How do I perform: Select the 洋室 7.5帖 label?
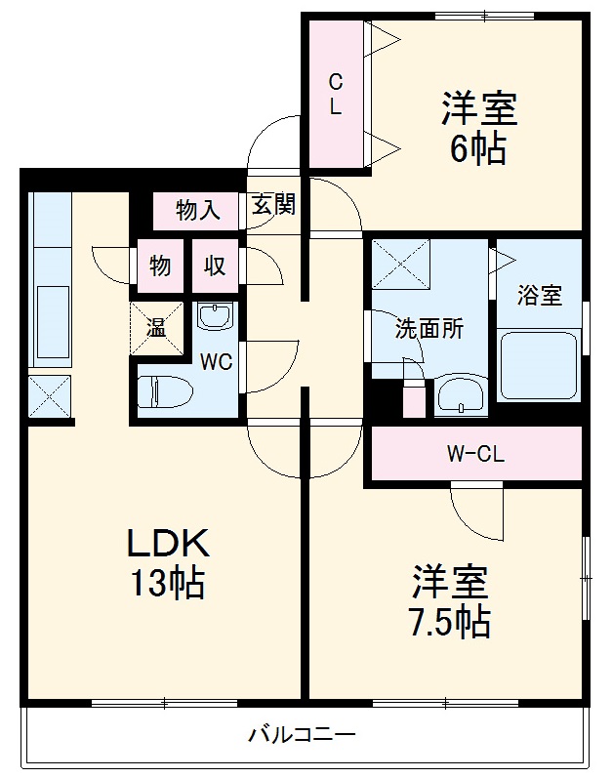448,600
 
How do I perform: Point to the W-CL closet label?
475,454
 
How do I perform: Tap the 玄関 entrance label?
274,206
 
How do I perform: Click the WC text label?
216,362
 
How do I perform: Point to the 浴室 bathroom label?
540,296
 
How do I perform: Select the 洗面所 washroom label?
428,329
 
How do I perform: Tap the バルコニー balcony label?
302,733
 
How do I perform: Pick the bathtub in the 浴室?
540,366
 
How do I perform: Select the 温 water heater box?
157,327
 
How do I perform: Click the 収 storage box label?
216,266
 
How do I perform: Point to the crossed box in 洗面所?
399,263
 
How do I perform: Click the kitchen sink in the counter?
51,323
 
